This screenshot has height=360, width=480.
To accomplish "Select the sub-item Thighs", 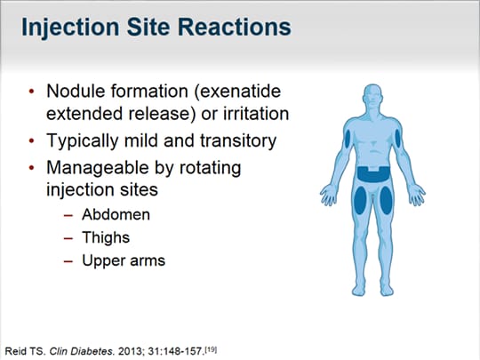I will (x=106, y=237).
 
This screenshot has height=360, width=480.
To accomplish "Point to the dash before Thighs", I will (x=69, y=237).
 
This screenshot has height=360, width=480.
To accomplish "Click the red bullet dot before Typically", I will (x=33, y=141).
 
